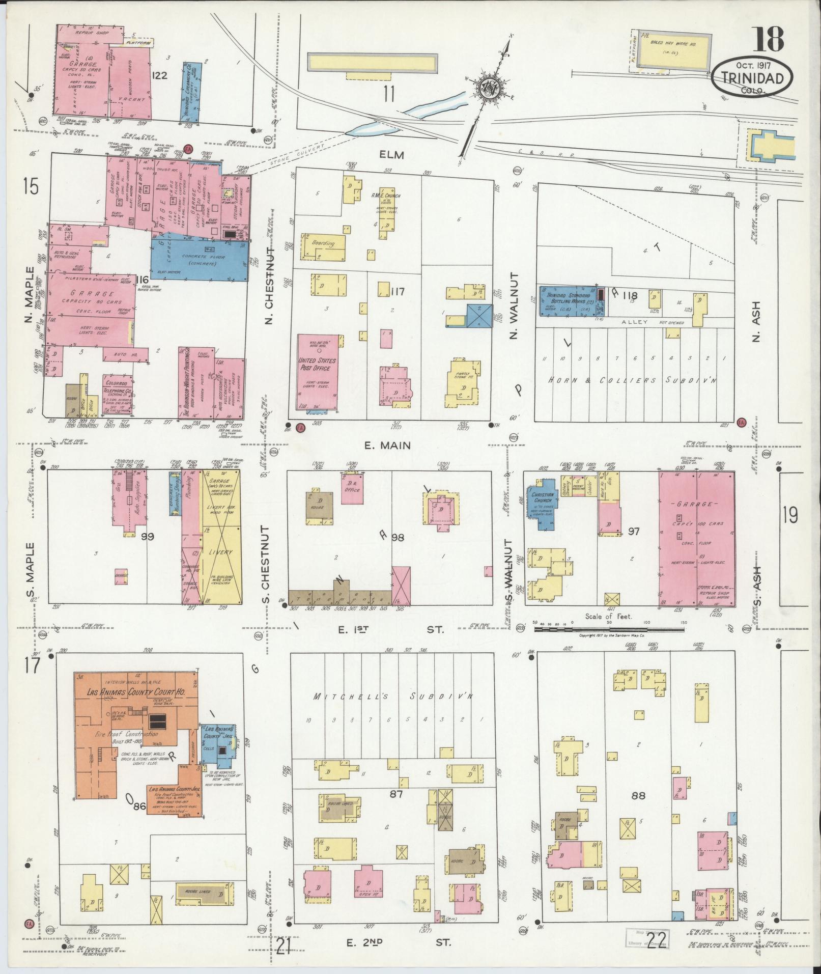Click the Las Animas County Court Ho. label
136,692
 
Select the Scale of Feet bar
611,629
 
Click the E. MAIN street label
388,446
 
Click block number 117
398,292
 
